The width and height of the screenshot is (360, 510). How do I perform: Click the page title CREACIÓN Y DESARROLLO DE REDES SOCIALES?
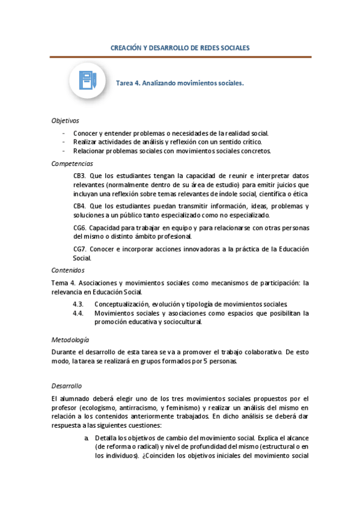click(x=180, y=47)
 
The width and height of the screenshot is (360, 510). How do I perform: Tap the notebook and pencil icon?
click(x=87, y=81)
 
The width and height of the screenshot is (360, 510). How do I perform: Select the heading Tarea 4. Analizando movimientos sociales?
click(x=180, y=84)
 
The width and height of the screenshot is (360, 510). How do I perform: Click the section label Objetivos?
click(x=65, y=120)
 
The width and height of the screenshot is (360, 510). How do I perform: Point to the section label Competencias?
click(x=72, y=164)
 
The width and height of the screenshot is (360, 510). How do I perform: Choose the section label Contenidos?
click(x=68, y=270)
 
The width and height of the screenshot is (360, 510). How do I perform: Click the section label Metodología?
click(x=70, y=339)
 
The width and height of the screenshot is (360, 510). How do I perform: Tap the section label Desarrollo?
click(x=67, y=386)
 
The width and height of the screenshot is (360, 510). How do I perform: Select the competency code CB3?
click(x=80, y=175)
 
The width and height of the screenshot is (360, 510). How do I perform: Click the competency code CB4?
click(x=80, y=206)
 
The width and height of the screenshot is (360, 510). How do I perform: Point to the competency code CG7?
click(x=80, y=249)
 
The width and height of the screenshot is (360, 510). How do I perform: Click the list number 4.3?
click(x=78, y=304)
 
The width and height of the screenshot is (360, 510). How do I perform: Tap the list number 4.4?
click(x=78, y=313)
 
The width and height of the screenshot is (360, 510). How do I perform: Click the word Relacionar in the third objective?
click(x=90, y=151)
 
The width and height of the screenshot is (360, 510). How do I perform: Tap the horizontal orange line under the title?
click(x=180, y=57)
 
